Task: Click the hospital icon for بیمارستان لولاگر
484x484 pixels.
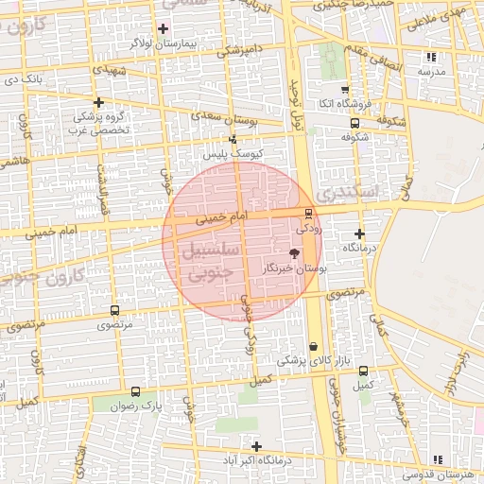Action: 165,27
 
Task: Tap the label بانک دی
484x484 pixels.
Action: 23,78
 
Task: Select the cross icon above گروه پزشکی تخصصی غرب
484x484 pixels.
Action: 98,101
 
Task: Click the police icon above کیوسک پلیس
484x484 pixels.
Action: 233,139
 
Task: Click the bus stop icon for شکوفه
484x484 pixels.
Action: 354,122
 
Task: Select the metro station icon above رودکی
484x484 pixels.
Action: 308,214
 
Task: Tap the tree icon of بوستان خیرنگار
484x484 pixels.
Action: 293,253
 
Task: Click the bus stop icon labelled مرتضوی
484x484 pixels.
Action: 115,310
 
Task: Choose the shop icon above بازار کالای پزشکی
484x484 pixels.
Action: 313,346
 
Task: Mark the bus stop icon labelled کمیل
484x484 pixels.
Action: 364,371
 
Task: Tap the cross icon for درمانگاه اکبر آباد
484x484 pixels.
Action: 255,445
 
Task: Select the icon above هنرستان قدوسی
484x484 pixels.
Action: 438,458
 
